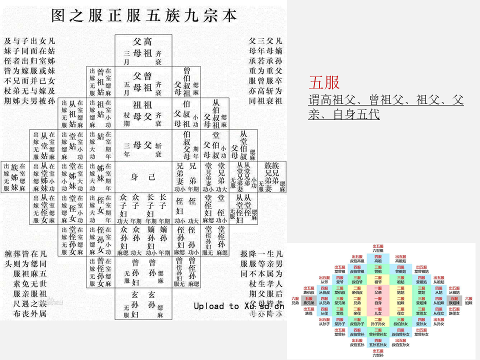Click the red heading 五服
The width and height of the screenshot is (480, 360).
(x=324, y=82)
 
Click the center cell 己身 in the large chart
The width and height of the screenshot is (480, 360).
(x=143, y=177)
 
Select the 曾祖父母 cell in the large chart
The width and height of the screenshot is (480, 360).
(x=143, y=82)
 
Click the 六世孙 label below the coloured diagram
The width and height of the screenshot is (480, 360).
(x=378, y=354)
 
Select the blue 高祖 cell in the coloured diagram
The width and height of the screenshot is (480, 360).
(x=378, y=259)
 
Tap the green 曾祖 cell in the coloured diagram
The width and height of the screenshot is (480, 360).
(x=378, y=270)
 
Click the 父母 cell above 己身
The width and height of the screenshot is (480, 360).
(x=143, y=145)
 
